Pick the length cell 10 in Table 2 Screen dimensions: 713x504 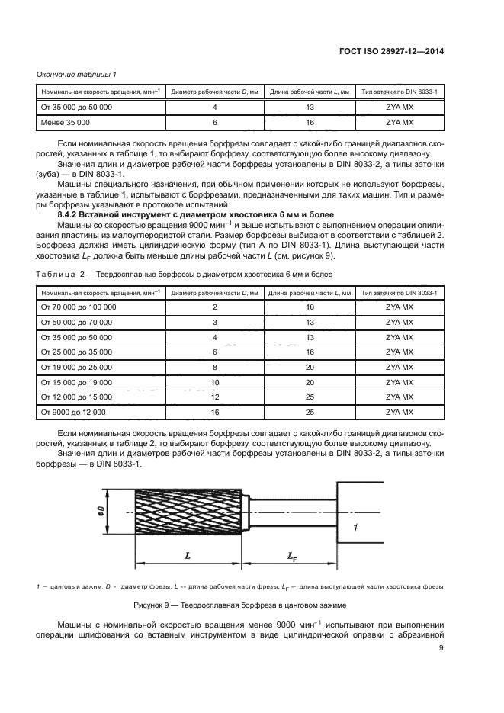pos(310,307)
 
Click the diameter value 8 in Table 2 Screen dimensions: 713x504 pos(214,367)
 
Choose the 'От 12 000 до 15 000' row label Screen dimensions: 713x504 pos(76,397)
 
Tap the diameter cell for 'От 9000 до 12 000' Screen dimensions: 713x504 pos(214,412)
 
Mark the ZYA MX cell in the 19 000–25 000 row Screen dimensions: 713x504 pos(399,367)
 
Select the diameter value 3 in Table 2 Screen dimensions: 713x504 pos(214,322)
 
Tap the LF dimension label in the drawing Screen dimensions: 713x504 pos(294,558)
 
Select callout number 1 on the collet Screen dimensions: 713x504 pos(355,528)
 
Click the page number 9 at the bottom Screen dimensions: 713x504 pos(441,649)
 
